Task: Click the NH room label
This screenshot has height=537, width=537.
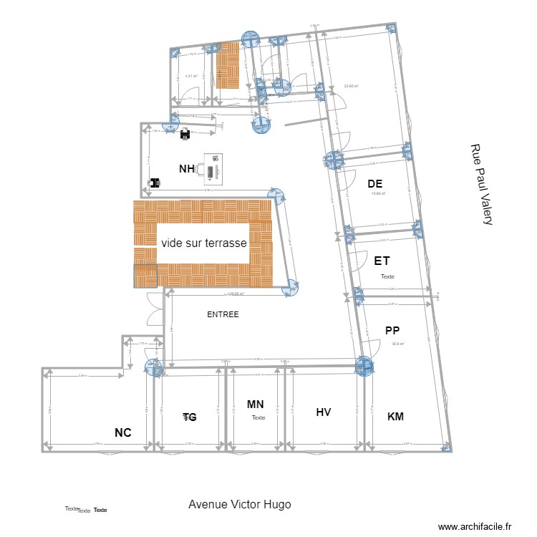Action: pyautogui.click(x=187, y=168)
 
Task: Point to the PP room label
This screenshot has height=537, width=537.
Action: pyautogui.click(x=392, y=330)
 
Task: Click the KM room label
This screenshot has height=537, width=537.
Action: pyautogui.click(x=395, y=416)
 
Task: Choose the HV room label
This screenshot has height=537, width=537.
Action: pyautogui.click(x=324, y=412)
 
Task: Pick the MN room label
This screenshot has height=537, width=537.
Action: pyautogui.click(x=256, y=405)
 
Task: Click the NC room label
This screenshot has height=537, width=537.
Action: pyautogui.click(x=123, y=432)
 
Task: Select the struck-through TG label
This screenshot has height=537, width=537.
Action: pyautogui.click(x=190, y=417)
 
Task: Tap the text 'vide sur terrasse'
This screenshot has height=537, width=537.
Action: pyautogui.click(x=204, y=243)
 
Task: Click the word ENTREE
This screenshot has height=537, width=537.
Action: pyautogui.click(x=223, y=314)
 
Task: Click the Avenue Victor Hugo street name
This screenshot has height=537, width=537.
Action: pyautogui.click(x=240, y=504)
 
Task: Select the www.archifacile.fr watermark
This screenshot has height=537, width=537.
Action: pyautogui.click(x=475, y=527)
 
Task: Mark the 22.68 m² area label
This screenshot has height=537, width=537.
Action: pyautogui.click(x=351, y=87)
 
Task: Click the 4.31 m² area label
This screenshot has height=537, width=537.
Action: pyautogui.click(x=191, y=76)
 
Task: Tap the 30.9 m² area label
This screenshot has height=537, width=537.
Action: pyautogui.click(x=398, y=344)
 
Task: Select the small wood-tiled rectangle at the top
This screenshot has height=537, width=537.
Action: pyautogui.click(x=228, y=66)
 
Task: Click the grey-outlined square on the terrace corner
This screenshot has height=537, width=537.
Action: pyautogui.click(x=145, y=276)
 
